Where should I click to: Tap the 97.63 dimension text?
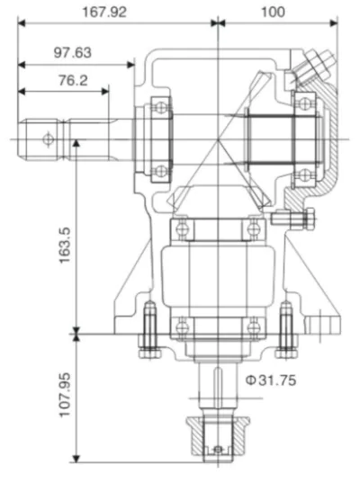click(x=72, y=52)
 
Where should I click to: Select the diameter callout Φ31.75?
click(x=270, y=380)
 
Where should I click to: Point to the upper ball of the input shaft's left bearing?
click(x=158, y=106)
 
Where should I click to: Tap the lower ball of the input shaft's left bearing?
click(x=158, y=170)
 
